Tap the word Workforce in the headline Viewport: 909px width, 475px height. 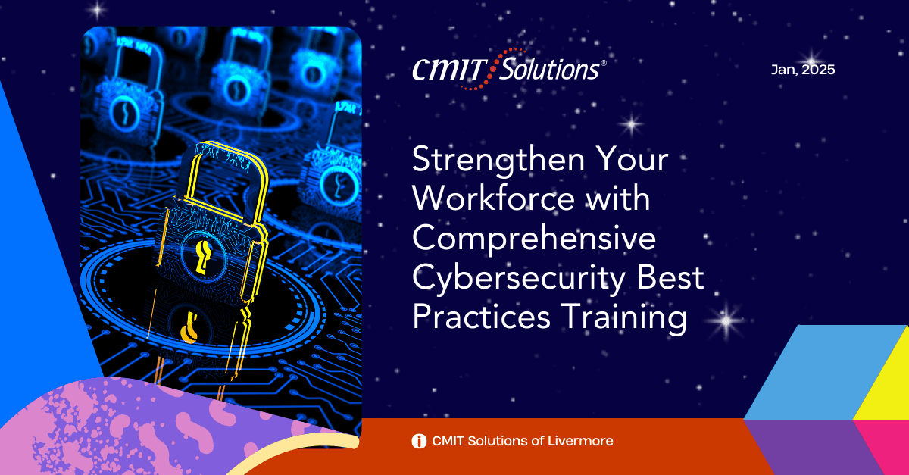(493, 199)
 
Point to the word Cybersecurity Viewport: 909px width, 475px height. (518, 280)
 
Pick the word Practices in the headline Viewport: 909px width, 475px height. (482, 317)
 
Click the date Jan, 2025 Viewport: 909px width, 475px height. (803, 70)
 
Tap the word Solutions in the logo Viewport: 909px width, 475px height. (548, 69)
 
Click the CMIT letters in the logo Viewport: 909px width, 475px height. (450, 70)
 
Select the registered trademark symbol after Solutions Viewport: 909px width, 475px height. (604, 63)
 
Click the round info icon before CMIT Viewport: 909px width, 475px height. (419, 441)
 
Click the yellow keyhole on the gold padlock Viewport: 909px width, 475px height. (202, 257)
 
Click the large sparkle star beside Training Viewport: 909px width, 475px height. (726, 320)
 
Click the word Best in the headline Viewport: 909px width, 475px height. (670, 278)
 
